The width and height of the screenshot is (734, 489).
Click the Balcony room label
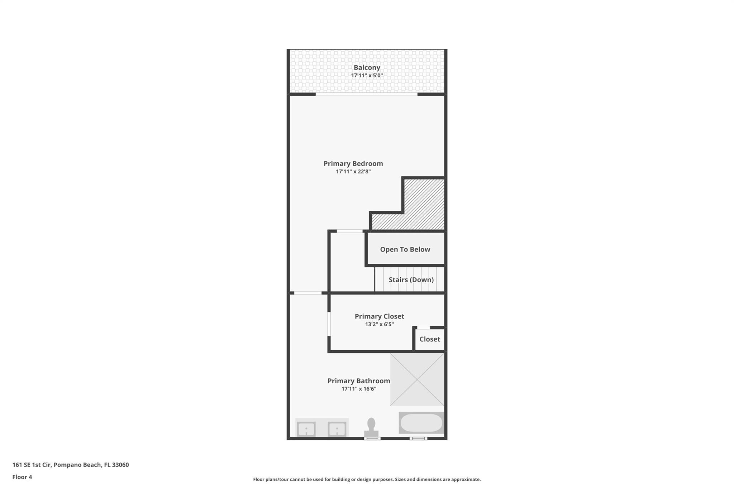point(367,67)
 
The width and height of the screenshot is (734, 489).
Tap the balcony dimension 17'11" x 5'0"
point(367,76)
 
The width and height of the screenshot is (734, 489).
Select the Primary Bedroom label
point(353,163)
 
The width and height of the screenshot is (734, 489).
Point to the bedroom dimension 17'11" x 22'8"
point(353,172)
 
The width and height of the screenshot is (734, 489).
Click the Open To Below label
point(405,249)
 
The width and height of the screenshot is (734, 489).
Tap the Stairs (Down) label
point(411,280)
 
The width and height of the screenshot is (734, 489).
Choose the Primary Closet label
point(379,316)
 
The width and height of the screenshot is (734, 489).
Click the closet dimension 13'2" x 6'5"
point(379,325)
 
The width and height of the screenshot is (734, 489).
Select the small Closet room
point(430,339)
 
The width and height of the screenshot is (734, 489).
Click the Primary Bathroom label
point(359,381)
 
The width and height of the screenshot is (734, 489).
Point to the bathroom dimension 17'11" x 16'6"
point(359,389)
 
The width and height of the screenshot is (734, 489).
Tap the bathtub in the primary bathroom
point(421,423)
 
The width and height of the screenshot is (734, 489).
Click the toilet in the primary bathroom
point(371,427)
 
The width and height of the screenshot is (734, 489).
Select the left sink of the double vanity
point(306,429)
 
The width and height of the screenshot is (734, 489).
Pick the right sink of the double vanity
point(337,429)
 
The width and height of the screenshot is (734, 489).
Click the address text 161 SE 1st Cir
point(32,465)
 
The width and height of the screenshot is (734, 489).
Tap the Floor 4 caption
point(22,477)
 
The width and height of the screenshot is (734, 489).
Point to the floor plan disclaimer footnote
point(367,479)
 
